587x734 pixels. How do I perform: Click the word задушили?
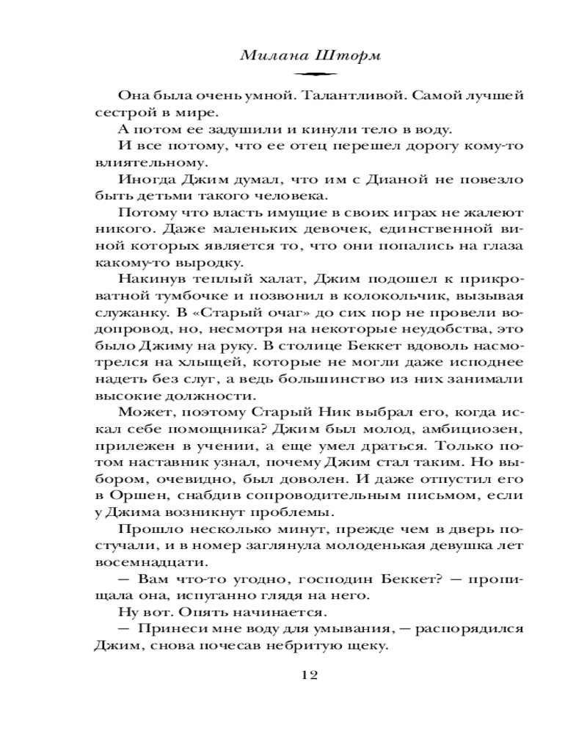coord(214,129)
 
